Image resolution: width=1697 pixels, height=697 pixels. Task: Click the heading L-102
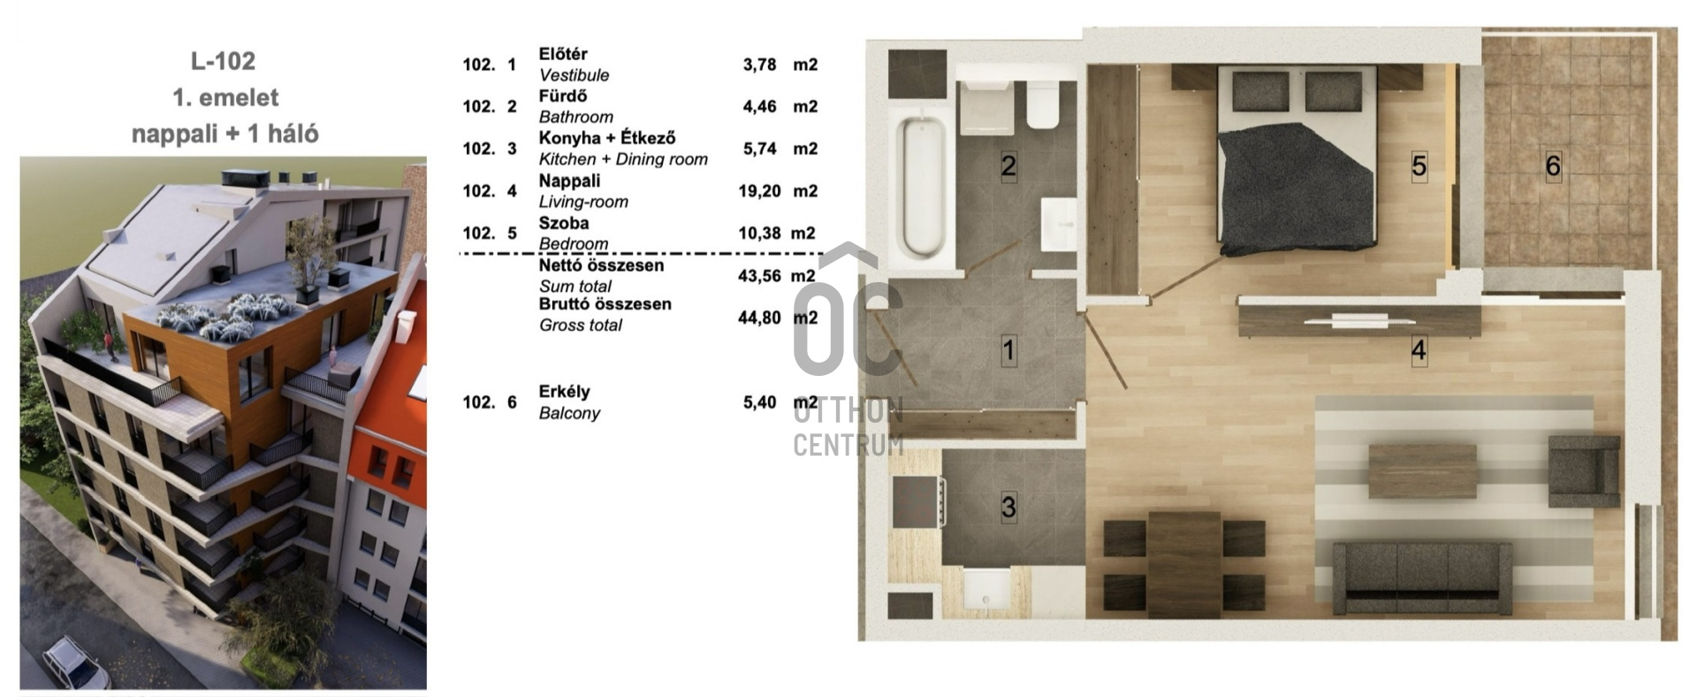click(x=223, y=61)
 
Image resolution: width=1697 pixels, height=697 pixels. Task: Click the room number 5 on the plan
click(x=1419, y=165)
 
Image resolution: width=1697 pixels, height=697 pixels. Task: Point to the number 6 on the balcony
click(x=1553, y=165)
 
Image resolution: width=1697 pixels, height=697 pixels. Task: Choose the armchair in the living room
click(x=1584, y=471)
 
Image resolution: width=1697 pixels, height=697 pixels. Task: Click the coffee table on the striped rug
click(x=1422, y=471)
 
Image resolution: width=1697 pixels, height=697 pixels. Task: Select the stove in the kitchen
click(x=919, y=502)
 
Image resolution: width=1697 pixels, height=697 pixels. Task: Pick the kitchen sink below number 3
click(x=986, y=590)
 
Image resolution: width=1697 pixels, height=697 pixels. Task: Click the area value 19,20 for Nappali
click(x=759, y=191)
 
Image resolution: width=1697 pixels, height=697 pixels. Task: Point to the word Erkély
click(x=564, y=392)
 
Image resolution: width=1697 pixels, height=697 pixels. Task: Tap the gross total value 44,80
click(x=759, y=318)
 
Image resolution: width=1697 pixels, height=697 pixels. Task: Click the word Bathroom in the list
click(x=576, y=117)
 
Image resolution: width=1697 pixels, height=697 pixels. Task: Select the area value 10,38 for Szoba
click(x=759, y=234)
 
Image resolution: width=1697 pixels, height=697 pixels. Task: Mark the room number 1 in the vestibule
click(x=1008, y=351)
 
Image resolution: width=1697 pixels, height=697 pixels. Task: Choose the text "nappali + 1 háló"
click(x=225, y=134)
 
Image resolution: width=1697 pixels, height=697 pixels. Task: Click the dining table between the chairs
click(x=1184, y=564)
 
